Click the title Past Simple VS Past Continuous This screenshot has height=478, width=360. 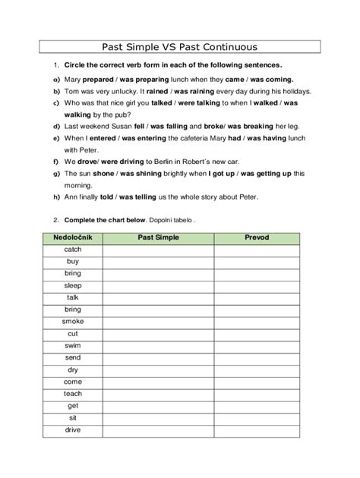[180, 46]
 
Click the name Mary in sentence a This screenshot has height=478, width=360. [74, 79]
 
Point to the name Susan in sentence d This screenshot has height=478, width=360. [115, 126]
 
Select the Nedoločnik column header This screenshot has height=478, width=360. [73, 237]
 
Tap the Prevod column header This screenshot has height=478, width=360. [257, 237]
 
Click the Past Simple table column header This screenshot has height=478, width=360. [159, 237]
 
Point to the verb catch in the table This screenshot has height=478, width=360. [73, 249]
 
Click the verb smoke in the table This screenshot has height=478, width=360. [73, 322]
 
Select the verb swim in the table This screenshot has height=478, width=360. [73, 346]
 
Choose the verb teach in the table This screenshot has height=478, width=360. [73, 394]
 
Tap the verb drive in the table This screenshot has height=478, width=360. [73, 430]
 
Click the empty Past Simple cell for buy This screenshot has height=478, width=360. [159, 261]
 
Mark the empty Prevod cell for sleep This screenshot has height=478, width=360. [257, 285]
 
